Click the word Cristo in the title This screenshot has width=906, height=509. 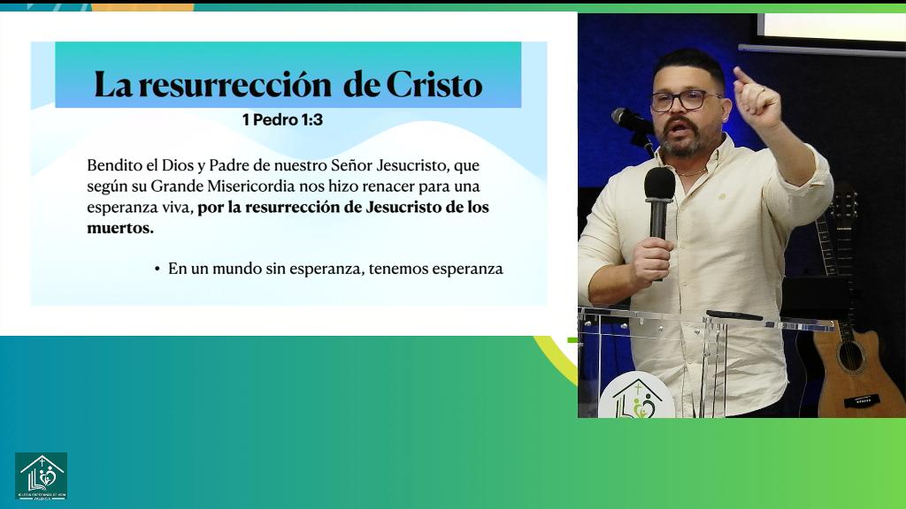(434, 85)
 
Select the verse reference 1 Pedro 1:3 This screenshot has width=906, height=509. (282, 119)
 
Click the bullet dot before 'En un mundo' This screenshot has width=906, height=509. (157, 269)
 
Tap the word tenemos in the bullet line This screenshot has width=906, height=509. (398, 269)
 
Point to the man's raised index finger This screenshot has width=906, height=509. (741, 76)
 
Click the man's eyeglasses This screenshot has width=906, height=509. (683, 100)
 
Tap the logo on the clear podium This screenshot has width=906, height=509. (636, 398)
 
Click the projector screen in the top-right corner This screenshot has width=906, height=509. (832, 27)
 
